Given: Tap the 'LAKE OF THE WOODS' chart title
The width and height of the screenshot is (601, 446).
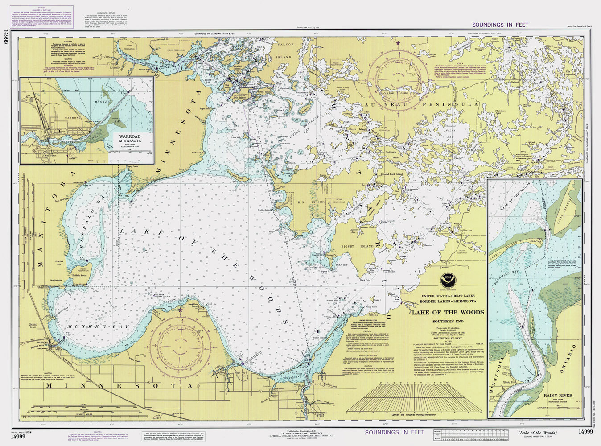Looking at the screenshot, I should tap(447, 312).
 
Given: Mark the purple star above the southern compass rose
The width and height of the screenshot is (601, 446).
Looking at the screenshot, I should tap(181, 309).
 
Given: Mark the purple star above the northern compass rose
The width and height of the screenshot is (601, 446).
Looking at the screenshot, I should tap(398, 43).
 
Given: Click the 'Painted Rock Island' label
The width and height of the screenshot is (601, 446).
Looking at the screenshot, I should tap(391, 174).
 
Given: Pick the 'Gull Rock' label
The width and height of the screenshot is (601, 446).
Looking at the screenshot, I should tap(159, 294).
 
